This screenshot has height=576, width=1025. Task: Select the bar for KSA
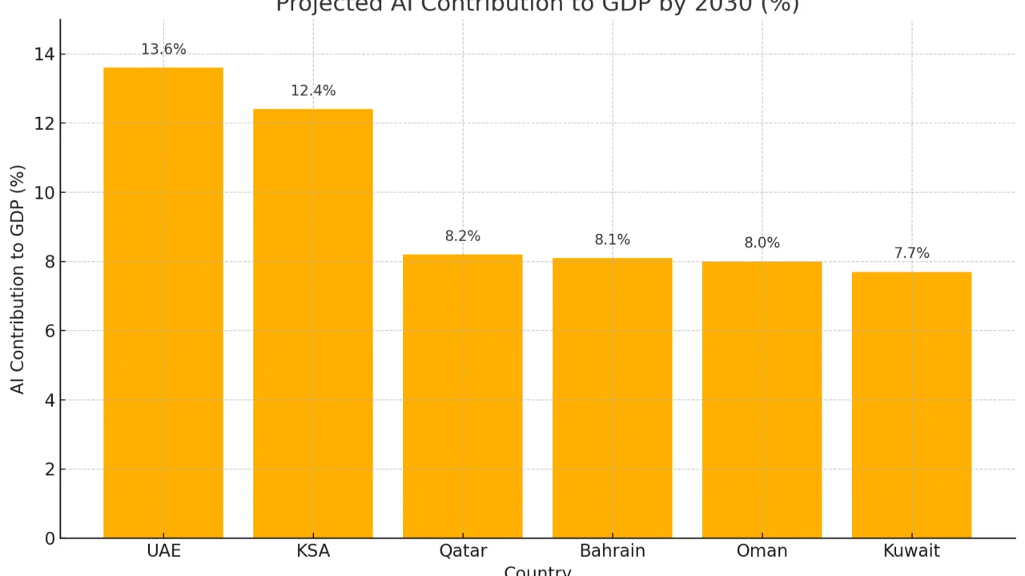tap(313, 324)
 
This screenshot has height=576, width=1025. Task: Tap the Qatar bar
tap(463, 397)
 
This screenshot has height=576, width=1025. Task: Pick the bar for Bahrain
tap(613, 398)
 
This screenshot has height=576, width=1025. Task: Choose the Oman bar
tap(762, 400)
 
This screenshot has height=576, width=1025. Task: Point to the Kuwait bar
tap(911, 405)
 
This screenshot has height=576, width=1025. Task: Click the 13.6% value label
tap(163, 50)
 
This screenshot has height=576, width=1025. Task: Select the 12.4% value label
tap(313, 91)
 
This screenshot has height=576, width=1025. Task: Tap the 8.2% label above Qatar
tap(463, 236)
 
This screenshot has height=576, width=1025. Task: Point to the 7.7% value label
tap(911, 254)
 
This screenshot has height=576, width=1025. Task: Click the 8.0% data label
tap(762, 244)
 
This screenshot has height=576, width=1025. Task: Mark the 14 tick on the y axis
tap(45, 54)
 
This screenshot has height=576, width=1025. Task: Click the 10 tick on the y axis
tap(45, 193)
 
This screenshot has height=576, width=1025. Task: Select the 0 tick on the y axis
tap(50, 538)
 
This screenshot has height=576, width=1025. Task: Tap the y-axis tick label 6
tap(50, 331)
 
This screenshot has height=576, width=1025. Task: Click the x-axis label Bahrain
tap(613, 551)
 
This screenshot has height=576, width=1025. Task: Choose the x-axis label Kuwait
tap(911, 551)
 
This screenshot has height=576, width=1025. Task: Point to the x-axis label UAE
tap(163, 551)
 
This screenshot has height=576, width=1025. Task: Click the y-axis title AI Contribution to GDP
tap(18, 279)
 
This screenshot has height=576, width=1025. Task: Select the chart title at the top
tap(537, 6)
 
